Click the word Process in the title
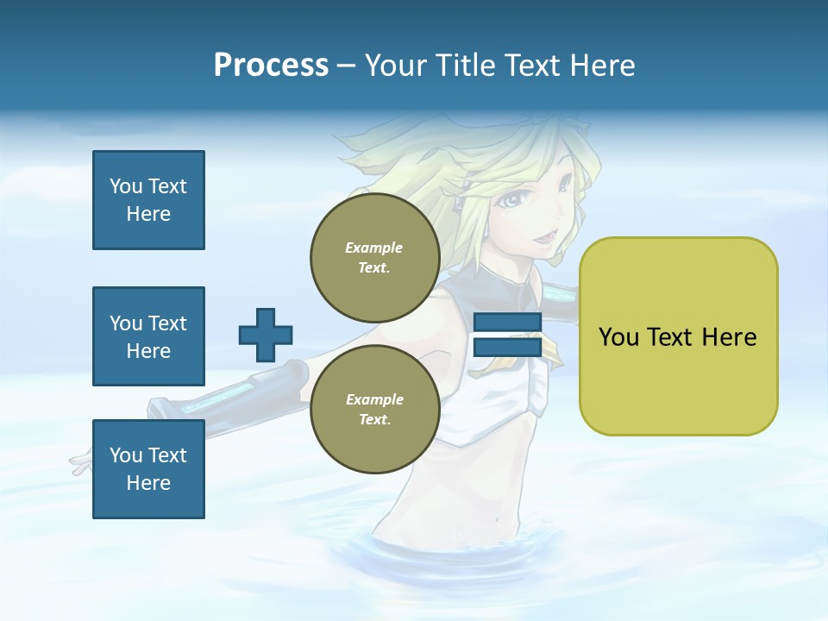[271, 66]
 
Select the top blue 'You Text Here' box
[148, 200]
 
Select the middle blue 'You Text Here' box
[148, 336]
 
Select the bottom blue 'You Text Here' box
[148, 468]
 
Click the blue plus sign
[266, 335]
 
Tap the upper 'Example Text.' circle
[374, 257]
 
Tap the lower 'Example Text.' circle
[374, 409]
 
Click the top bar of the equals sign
[507, 323]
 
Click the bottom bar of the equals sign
[507, 347]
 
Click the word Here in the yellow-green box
[729, 337]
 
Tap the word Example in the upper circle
[374, 248]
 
